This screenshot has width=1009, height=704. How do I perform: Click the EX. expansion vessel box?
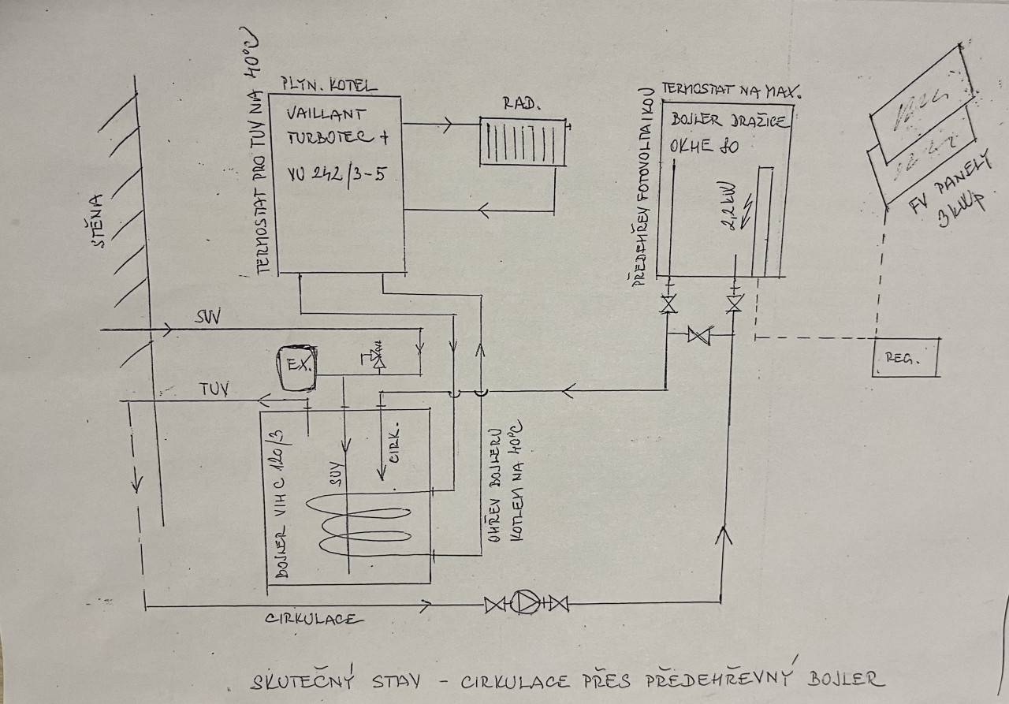point(298,367)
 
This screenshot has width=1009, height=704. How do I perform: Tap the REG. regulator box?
point(907,357)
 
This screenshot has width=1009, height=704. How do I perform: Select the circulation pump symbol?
point(526,604)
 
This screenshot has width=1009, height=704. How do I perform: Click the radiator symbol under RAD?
point(524,143)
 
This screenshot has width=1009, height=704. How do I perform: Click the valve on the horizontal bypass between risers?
point(698,335)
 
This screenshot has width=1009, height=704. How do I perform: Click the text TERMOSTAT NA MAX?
point(731,89)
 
